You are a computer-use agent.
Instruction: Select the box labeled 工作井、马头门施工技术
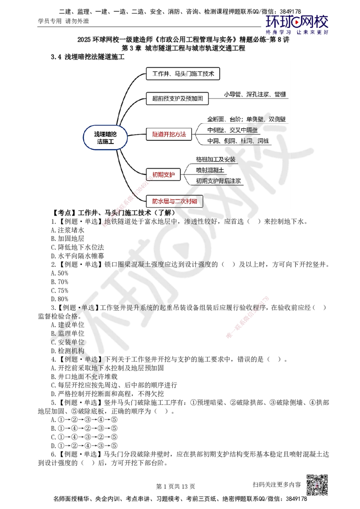click(183, 74)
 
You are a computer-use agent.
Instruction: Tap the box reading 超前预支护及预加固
click(178, 98)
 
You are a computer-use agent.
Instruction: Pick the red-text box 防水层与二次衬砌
click(175, 201)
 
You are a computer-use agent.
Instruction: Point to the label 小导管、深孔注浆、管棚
click(256, 94)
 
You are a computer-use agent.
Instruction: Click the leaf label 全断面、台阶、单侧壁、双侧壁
click(246, 119)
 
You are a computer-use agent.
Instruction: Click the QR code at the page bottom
click(316, 485)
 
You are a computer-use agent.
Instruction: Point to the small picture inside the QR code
click(316, 485)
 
